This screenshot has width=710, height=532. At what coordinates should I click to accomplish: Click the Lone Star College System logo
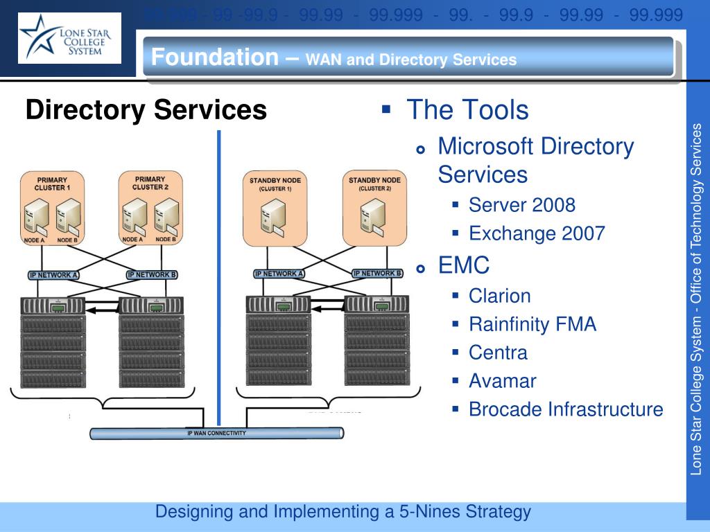pos(69,38)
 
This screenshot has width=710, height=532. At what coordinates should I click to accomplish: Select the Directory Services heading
pos(146,110)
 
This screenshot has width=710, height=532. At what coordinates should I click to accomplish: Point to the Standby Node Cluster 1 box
pos(275,208)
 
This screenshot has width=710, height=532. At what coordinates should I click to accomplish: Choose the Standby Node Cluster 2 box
pos(374,208)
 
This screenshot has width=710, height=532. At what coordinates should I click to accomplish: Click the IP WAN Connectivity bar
pos(216,434)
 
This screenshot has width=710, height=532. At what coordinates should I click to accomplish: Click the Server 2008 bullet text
pos(521,205)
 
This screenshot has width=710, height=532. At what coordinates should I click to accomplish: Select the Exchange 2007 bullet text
pos(537,233)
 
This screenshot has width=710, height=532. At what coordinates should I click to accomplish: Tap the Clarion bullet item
pos(499,296)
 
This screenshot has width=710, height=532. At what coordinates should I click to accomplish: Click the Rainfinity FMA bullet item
pos(532,324)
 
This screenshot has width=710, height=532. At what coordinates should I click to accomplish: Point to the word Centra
pos(498,353)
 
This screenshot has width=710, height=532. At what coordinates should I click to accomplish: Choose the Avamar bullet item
pos(502,381)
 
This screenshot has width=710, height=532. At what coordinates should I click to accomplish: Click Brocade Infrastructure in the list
pos(565,409)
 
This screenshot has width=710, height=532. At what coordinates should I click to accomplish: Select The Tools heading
pos(467,109)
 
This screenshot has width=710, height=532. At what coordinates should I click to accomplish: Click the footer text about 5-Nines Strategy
pos(343,512)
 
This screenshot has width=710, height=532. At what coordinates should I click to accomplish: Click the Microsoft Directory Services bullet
pos(535,160)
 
